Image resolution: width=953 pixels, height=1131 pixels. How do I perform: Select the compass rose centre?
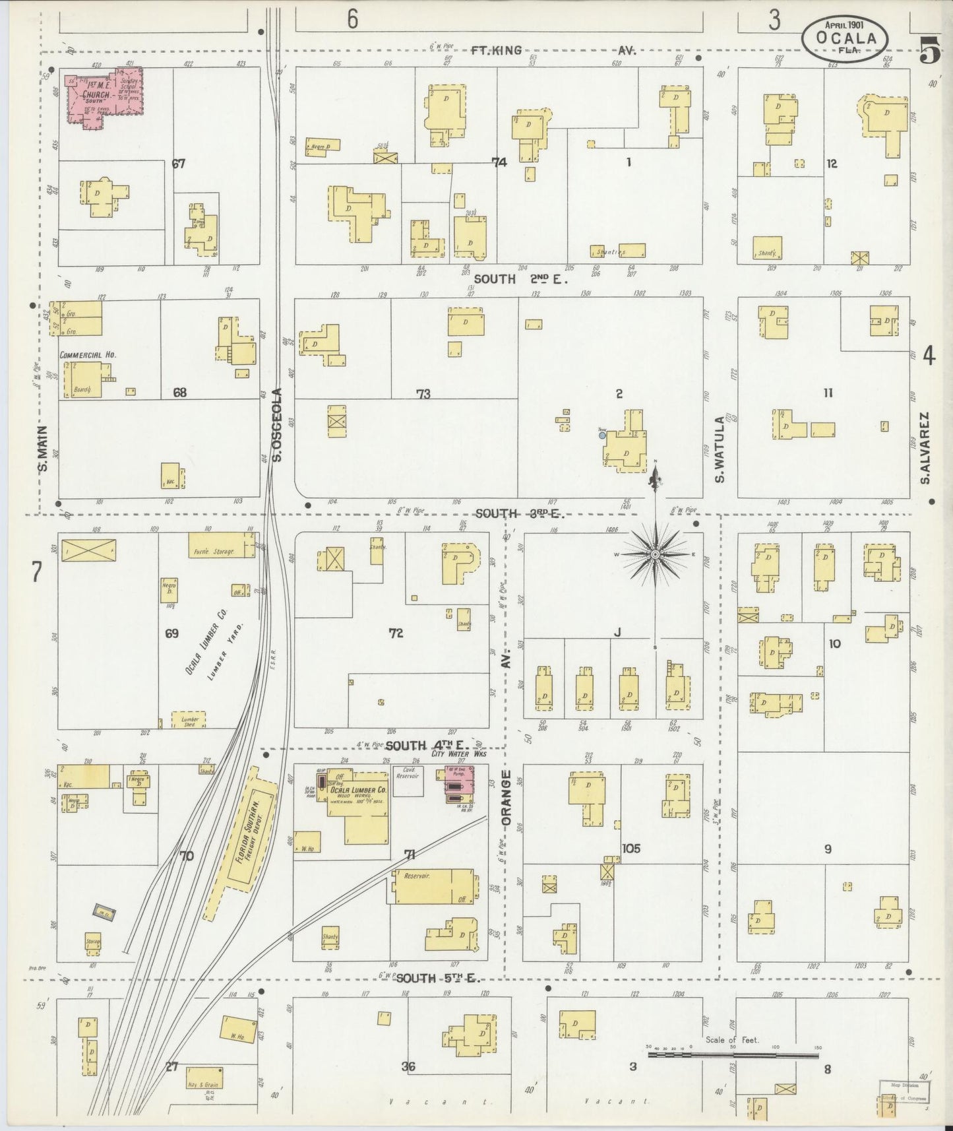point(655,555)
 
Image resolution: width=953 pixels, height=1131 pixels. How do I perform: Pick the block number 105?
point(630,848)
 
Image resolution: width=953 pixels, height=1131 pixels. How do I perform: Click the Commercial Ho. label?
point(88,354)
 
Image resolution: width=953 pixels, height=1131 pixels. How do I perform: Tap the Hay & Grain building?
point(204,1077)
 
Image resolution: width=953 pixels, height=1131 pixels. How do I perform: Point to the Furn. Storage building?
point(221,545)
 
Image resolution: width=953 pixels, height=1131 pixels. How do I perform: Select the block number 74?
point(499,162)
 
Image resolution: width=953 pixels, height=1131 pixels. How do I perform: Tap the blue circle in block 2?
point(602,436)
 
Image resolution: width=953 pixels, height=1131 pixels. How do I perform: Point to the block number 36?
point(408,1066)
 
